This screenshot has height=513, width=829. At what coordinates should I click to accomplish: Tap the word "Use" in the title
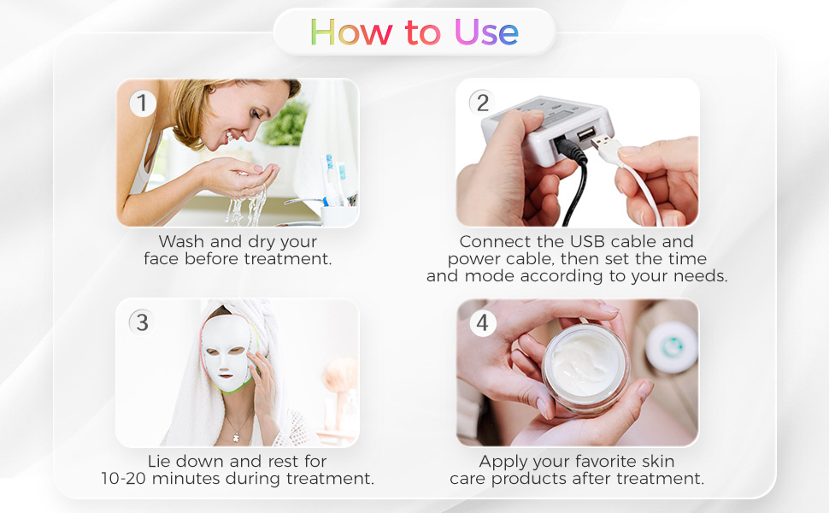pyautogui.click(x=486, y=32)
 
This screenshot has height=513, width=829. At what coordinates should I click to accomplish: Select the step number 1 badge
pyautogui.click(x=143, y=103)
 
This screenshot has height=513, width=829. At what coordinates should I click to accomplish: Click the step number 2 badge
pyautogui.click(x=482, y=103)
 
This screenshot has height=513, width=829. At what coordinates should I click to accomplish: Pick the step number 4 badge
pyautogui.click(x=483, y=323)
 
